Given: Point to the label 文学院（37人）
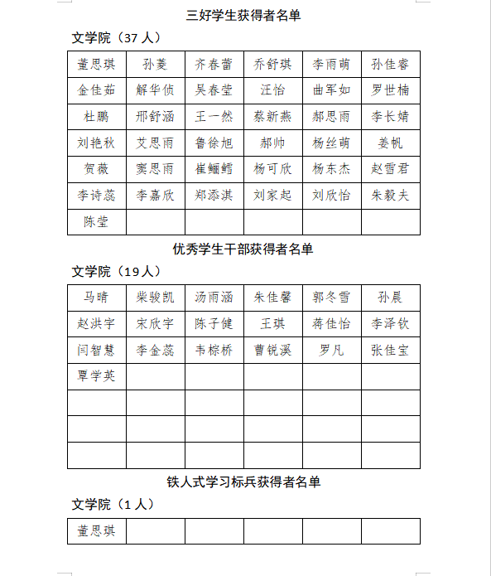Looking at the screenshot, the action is click(117, 38).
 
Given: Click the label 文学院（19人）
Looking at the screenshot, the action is click(117, 272).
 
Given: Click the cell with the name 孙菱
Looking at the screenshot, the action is click(155, 64).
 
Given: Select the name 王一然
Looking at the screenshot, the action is click(214, 116).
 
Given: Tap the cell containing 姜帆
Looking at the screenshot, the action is click(390, 143).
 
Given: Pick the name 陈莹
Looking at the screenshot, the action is click(96, 221).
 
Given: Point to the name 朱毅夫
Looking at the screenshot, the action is click(390, 196).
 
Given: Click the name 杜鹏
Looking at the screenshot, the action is click(96, 116).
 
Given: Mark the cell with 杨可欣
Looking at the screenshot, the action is click(272, 169).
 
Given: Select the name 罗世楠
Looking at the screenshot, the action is click(390, 90).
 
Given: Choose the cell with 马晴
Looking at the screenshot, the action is click(96, 298).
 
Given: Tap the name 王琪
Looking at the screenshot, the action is click(272, 324).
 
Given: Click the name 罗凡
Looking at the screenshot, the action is click(331, 351).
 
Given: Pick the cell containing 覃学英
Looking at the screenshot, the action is click(96, 376).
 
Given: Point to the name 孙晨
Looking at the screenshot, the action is click(390, 298).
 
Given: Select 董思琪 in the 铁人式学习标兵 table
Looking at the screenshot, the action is click(96, 530).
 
